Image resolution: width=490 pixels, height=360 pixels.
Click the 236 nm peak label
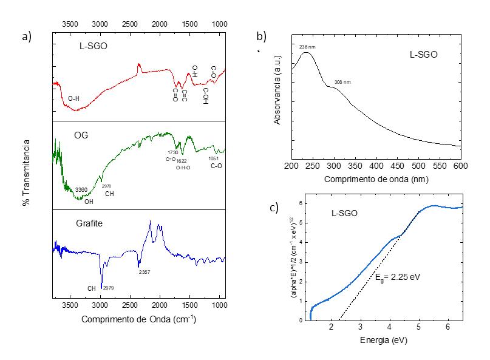point(307,47)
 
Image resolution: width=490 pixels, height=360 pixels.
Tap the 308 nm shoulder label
point(342,82)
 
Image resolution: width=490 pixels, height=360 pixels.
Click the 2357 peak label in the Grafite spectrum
point(144,271)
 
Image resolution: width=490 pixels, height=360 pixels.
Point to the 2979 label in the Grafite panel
point(109,287)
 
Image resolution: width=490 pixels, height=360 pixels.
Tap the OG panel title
point(81,135)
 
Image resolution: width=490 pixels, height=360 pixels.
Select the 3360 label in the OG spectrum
point(81,190)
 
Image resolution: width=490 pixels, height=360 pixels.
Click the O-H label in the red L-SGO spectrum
point(73,98)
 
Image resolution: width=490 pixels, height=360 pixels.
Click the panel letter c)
point(274,208)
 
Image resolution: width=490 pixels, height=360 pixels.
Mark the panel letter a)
point(26,36)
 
